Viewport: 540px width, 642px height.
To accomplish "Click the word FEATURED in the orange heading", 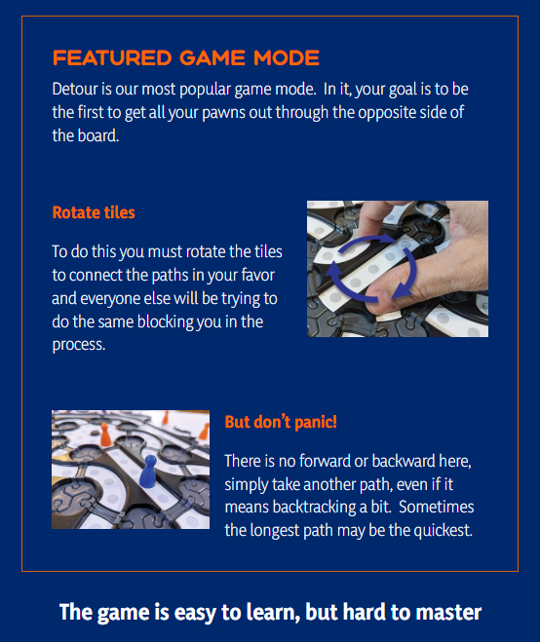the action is (112, 57).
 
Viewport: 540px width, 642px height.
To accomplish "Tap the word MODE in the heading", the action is (287, 57).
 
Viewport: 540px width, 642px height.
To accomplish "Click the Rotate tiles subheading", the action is (94, 212).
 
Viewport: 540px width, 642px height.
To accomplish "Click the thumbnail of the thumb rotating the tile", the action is (398, 269).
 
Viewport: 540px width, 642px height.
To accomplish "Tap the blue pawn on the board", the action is (148, 472).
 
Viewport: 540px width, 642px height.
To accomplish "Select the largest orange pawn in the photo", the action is (105, 434).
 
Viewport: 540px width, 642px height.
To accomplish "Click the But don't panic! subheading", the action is (281, 422).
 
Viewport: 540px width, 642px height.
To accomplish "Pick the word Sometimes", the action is (437, 507).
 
